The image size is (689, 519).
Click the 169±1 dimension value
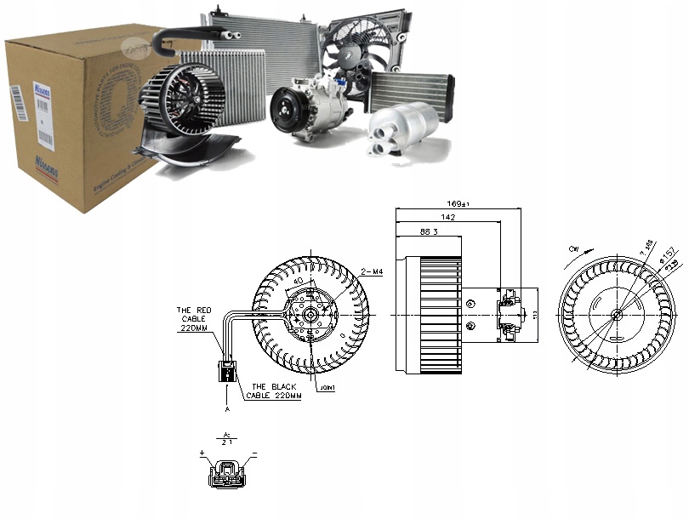[460, 204]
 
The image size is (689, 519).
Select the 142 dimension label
[448, 219]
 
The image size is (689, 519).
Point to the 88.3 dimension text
[429, 232]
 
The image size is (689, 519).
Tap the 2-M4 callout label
[372, 271]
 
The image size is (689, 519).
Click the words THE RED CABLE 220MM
[194, 318]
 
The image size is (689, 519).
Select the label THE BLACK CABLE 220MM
[273, 391]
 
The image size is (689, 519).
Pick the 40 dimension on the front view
[299, 281]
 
